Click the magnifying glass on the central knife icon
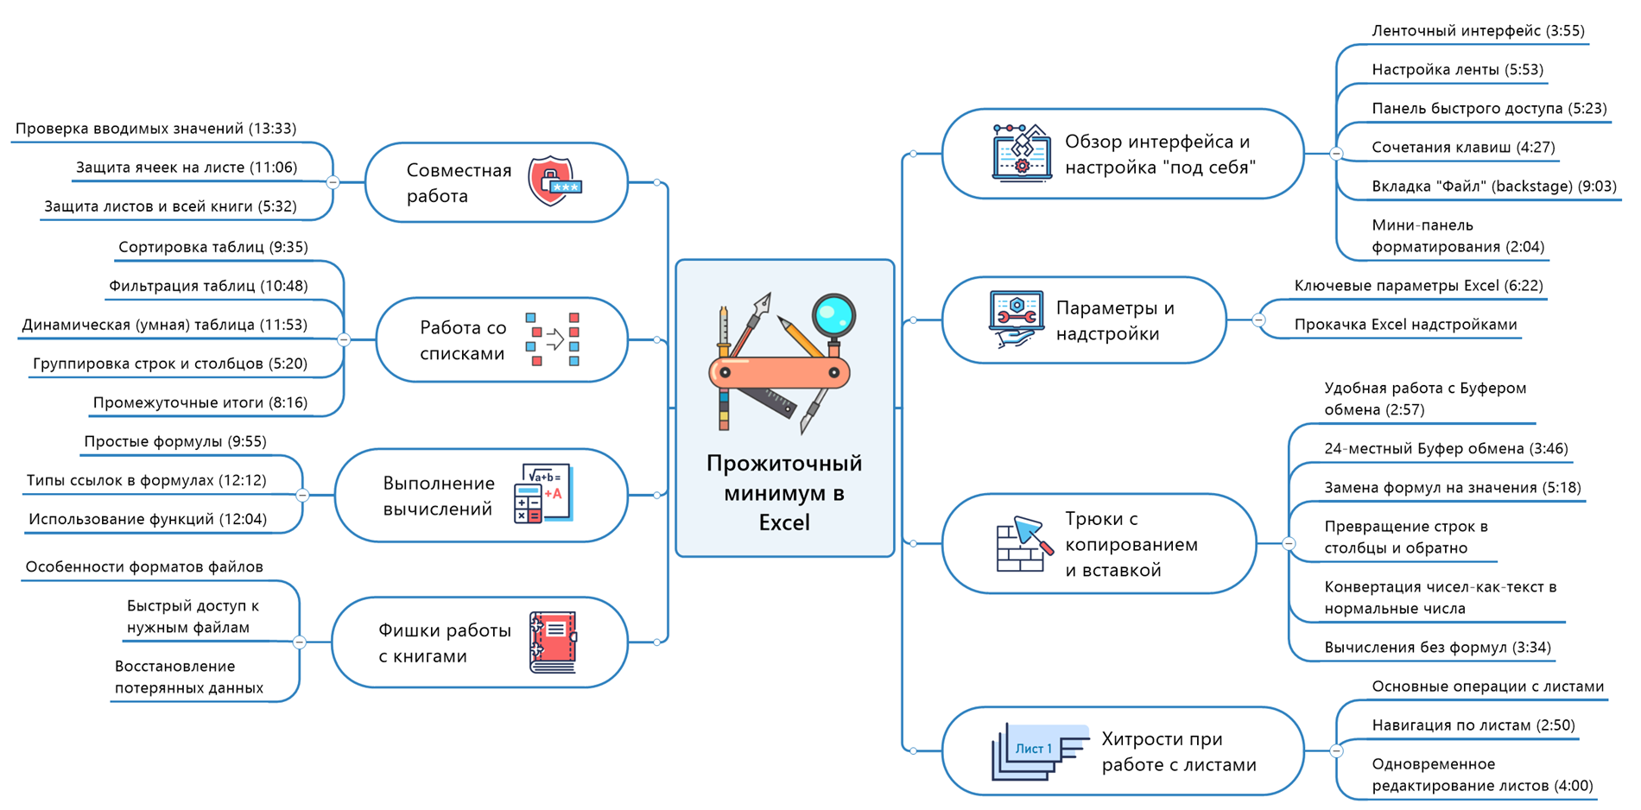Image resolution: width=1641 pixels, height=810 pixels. (833, 316)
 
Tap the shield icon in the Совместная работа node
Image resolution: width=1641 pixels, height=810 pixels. (553, 181)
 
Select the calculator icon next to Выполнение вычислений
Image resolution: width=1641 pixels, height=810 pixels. (542, 493)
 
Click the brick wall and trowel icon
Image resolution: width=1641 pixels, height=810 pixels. (1024, 544)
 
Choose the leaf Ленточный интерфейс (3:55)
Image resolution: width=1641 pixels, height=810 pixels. (1478, 31)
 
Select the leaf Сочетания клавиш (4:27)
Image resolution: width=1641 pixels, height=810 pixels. (1463, 148)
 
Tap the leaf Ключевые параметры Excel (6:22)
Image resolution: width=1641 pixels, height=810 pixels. (1418, 286)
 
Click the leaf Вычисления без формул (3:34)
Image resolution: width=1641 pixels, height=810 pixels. (1437, 648)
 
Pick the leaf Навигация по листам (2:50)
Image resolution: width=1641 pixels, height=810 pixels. (1473, 725)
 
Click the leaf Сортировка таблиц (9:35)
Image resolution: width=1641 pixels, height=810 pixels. (213, 248)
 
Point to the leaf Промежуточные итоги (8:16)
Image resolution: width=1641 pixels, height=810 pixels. (200, 403)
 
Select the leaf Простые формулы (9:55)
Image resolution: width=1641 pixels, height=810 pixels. (175, 442)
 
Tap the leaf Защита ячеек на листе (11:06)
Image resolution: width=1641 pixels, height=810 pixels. (187, 168)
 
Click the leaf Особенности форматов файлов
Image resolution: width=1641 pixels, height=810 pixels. (144, 567)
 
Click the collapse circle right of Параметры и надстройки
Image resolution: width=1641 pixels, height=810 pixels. (1258, 320)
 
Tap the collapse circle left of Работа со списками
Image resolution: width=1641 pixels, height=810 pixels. (344, 339)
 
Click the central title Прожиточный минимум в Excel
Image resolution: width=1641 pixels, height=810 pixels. (784, 492)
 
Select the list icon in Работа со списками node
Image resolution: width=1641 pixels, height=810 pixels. (553, 339)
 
